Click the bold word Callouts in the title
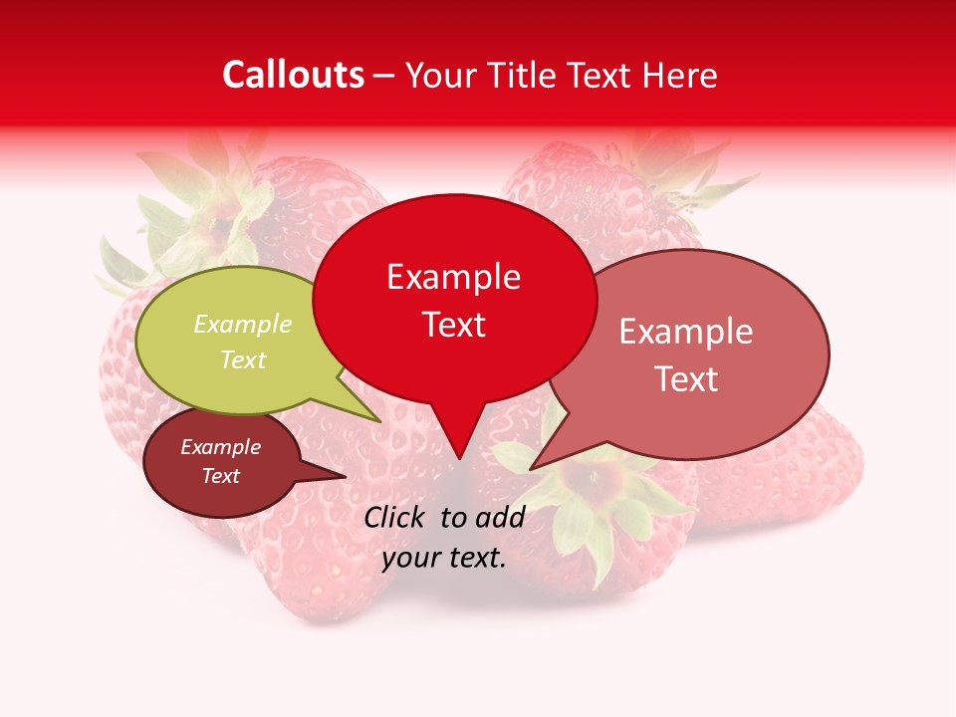coord(293,75)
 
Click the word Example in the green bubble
coord(243,325)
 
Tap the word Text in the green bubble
coord(243,359)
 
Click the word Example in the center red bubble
coord(454,277)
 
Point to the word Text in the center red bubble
coord(454,324)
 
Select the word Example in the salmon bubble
coord(686,332)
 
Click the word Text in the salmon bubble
coord(686,378)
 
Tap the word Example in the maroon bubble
coord(220,447)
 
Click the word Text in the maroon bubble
coord(220,476)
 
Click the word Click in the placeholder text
coord(396,517)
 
